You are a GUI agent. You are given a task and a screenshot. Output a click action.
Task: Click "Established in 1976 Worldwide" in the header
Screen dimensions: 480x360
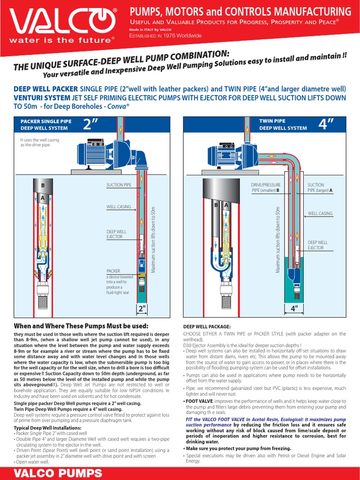click(165, 36)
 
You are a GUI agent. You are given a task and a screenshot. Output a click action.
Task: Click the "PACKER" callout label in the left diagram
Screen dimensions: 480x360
click(113, 271)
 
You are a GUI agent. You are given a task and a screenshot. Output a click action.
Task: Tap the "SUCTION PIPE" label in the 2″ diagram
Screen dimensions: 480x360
click(119, 185)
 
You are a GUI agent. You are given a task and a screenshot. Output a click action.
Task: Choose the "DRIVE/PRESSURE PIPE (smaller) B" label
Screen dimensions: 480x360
click(265, 188)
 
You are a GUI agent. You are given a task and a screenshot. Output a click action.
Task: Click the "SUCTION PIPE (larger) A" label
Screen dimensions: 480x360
click(320, 188)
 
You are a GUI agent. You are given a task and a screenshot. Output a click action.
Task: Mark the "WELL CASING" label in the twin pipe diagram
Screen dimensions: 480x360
click(320, 213)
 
